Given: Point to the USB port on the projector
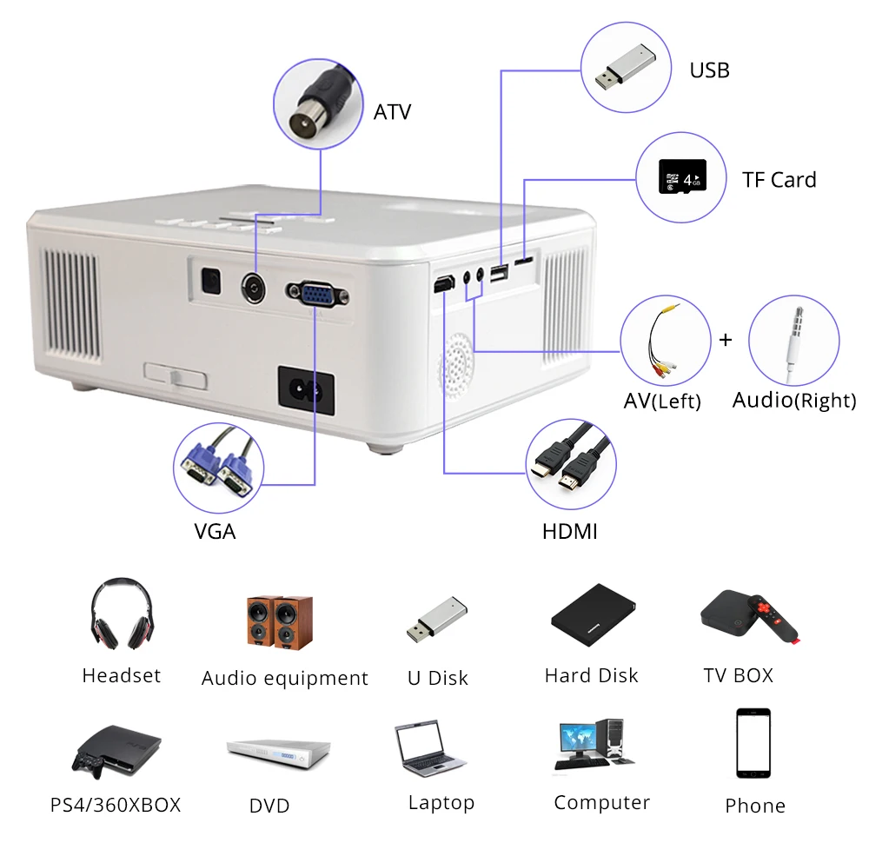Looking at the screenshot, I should coord(500,275).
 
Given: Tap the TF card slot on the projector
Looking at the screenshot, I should coord(523,260).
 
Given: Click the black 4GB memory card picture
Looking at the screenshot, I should coord(682,179).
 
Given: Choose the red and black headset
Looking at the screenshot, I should coord(121,614).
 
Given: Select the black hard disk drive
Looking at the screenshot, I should coord(594,614).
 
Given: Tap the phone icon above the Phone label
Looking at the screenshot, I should coord(753,744).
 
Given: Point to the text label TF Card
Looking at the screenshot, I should coord(779,180).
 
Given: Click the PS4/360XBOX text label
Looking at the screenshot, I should coord(116,805).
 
